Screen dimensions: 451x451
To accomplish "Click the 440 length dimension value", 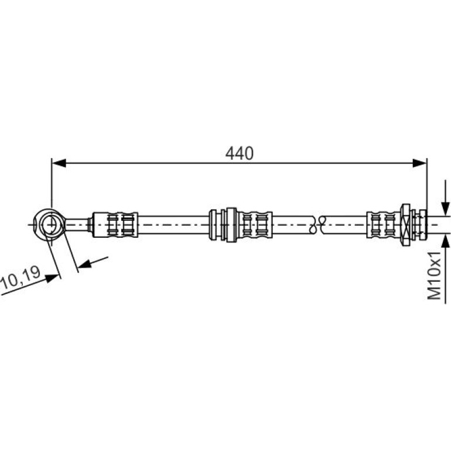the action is tap(240, 153).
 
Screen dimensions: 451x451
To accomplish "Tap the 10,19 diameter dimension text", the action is tap(20, 278).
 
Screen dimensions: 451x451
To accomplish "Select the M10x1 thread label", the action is tap(435, 275).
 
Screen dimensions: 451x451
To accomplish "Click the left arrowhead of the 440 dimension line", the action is tap(59, 163).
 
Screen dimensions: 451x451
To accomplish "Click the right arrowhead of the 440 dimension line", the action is tap(419, 163).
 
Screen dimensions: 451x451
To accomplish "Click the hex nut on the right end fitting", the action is tap(405, 225).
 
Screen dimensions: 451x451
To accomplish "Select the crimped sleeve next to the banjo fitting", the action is tap(115, 225).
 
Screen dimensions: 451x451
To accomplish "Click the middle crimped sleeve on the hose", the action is tap(255, 225).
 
